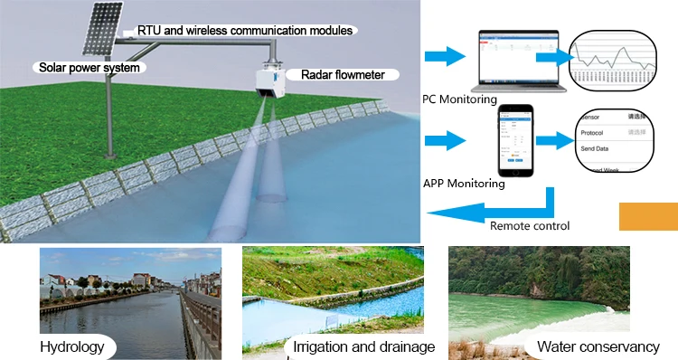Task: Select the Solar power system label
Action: coord(87,67)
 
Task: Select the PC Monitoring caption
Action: coord(461,98)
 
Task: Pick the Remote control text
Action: coord(530,226)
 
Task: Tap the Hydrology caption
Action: coord(72,347)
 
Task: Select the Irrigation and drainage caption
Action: coord(364,347)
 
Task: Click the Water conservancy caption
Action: coord(598,347)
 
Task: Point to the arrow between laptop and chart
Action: coord(552,57)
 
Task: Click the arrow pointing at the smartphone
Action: coord(445,140)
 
